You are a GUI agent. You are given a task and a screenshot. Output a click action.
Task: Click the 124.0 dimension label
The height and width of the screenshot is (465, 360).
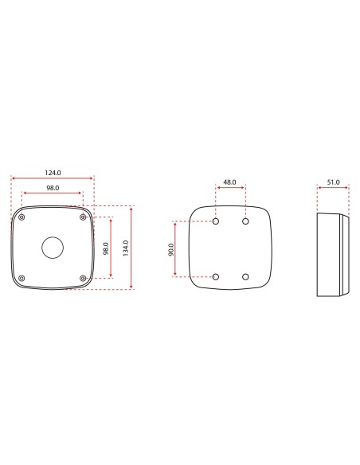[x=53, y=173]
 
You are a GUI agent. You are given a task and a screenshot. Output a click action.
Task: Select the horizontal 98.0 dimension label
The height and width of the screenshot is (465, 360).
[x=53, y=187]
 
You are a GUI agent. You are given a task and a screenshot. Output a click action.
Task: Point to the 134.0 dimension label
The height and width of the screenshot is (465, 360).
[x=126, y=248]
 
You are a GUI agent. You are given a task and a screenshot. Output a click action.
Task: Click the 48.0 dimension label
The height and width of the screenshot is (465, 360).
[x=229, y=182]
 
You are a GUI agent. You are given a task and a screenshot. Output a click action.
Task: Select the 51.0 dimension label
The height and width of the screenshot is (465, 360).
[x=333, y=182]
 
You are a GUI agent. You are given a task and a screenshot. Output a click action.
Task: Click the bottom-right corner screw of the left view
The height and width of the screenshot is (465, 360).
[x=84, y=277]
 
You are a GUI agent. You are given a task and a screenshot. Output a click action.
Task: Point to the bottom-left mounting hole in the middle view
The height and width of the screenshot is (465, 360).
[x=215, y=276]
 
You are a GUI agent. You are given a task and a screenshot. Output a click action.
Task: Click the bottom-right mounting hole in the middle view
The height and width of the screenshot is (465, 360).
[x=245, y=276]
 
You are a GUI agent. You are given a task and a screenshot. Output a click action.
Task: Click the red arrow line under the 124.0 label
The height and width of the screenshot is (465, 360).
[x=53, y=178]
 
